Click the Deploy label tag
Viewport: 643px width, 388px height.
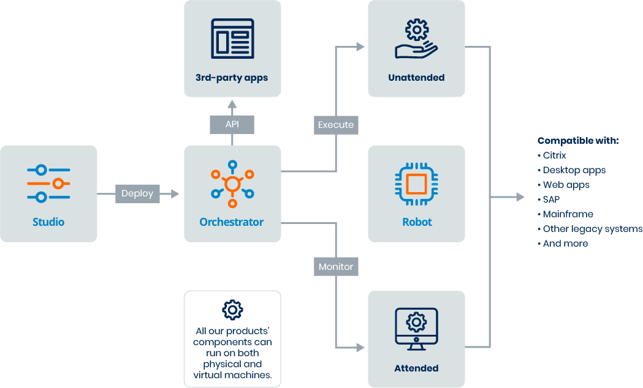coord(137,193)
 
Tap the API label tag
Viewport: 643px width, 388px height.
coord(232,124)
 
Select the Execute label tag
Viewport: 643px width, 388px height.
coord(336,125)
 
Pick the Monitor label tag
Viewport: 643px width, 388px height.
coord(336,266)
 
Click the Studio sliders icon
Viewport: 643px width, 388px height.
coord(48,184)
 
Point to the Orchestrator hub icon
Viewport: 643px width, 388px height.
coord(232,184)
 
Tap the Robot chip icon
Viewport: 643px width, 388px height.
coord(416,184)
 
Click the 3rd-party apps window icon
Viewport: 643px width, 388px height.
coord(232,39)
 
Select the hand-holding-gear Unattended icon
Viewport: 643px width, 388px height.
coord(416,39)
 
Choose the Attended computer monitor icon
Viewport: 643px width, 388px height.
coord(416,329)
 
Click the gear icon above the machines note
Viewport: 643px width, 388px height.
coord(232,310)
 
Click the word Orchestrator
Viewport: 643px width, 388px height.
coord(232,222)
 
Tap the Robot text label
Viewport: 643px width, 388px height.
coord(417,222)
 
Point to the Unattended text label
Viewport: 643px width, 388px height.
coord(416,78)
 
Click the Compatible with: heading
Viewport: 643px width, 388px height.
coord(578,141)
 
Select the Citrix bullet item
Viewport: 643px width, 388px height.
coord(552,155)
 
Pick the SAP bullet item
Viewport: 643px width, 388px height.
coord(549,200)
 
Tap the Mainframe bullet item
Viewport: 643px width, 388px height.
coord(566,214)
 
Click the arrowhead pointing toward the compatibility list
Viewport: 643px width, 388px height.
coord(520,197)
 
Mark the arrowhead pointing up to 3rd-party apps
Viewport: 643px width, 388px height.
coord(232,104)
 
